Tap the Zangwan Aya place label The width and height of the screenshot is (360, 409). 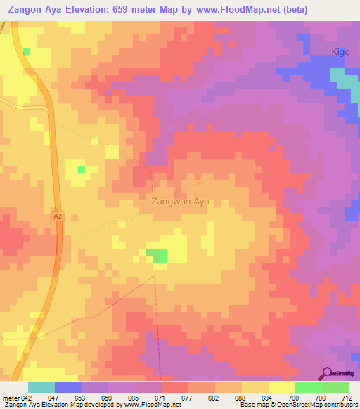click(180, 201)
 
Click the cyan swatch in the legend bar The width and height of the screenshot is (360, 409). click(41, 388)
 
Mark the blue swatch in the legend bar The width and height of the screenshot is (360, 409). click(68, 388)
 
